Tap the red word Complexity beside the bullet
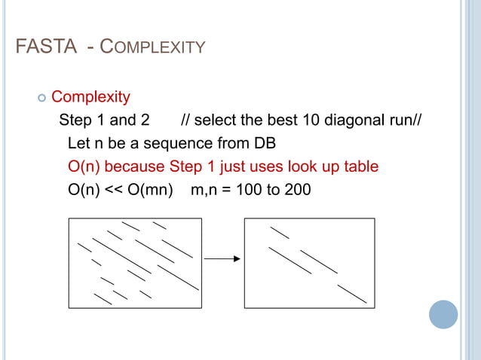pyautogui.click(x=90, y=97)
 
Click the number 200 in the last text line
pyautogui.click(x=298, y=190)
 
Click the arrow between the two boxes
pyautogui.click(x=222, y=259)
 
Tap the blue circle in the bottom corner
pyautogui.click(x=444, y=314)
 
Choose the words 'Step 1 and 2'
pyautogui.click(x=104, y=120)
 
